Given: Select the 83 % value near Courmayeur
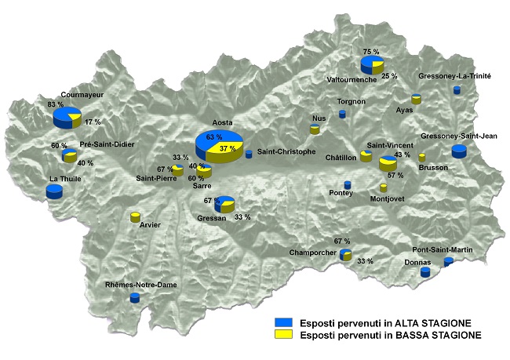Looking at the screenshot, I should pyautogui.click(x=55, y=104).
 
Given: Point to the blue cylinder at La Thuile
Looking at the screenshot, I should pyautogui.click(x=54, y=191).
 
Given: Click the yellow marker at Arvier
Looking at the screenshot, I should pyautogui.click(x=135, y=216).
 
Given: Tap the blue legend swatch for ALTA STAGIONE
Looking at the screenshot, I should pyautogui.click(x=283, y=322).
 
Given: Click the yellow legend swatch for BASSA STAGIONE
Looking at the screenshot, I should pyautogui.click(x=283, y=335).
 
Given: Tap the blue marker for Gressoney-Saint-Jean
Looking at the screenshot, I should pyautogui.click(x=459, y=151).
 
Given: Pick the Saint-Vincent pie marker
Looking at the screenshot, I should pyautogui.click(x=388, y=163).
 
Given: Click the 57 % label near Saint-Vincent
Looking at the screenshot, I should pyautogui.click(x=395, y=176).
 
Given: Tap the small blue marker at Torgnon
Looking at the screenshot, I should pyautogui.click(x=342, y=114).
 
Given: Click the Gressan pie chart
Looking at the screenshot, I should pyautogui.click(x=225, y=204).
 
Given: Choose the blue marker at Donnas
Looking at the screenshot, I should pyautogui.click(x=425, y=272).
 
